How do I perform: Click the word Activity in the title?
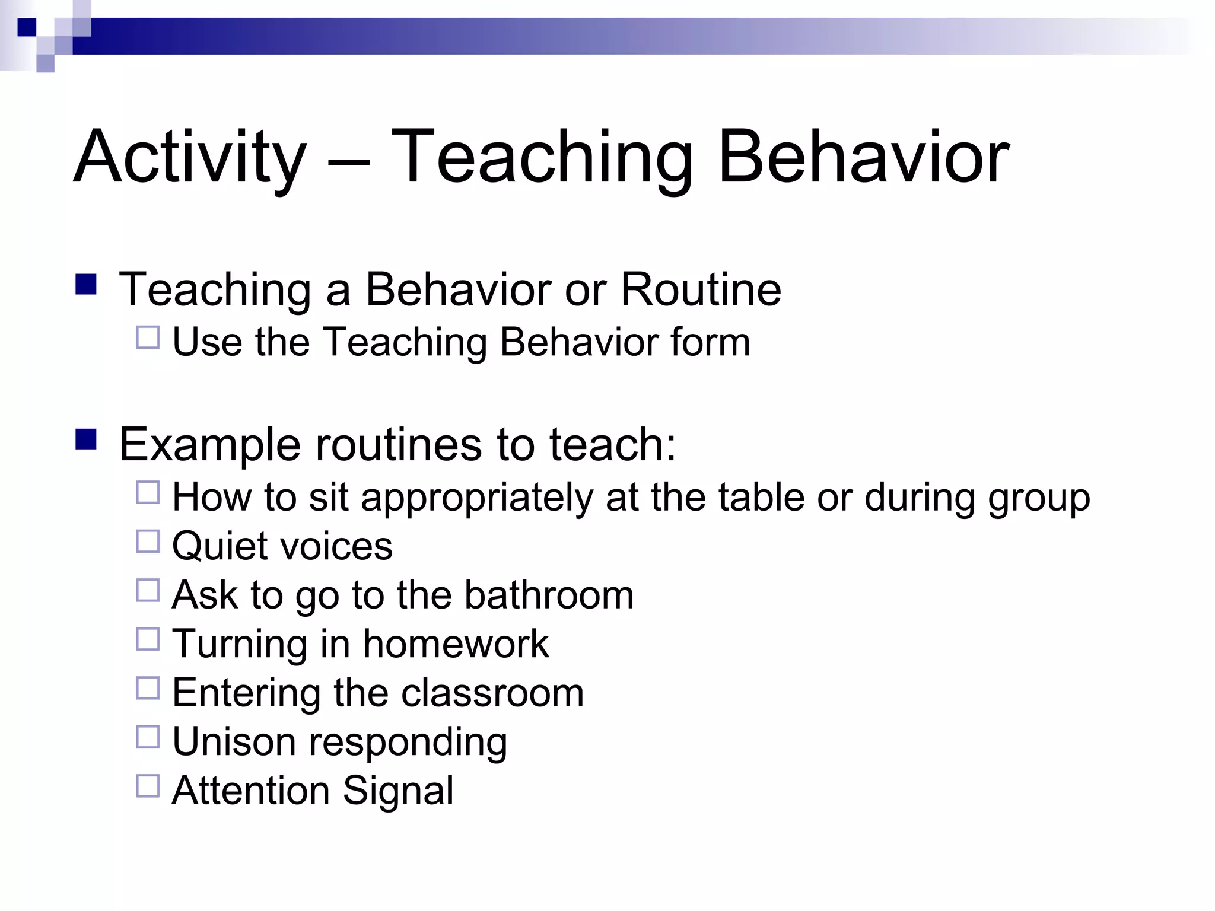tap(190, 158)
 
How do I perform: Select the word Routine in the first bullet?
tap(701, 289)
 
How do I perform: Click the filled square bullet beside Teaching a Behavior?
tap(86, 284)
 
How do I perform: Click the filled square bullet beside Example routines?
tap(86, 439)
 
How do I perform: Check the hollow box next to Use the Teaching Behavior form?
tap(148, 337)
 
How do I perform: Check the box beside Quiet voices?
tap(148, 541)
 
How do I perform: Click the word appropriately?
tap(476, 498)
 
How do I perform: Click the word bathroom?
tap(549, 595)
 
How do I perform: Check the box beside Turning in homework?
tap(148, 639)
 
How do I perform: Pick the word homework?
tap(456, 644)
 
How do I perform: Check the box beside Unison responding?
tap(148, 737)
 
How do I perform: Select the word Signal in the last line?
tap(398, 791)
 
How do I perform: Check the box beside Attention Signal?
tap(148, 786)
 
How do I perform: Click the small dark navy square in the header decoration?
tap(27, 27)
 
